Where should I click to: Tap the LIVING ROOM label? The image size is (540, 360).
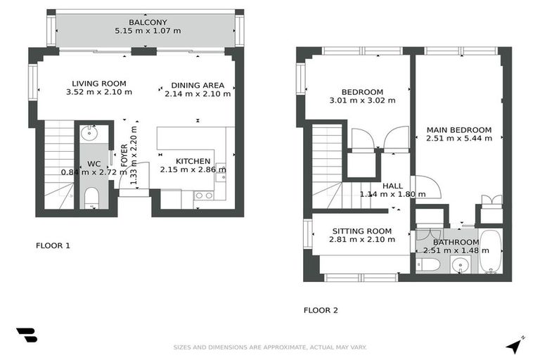[x=98, y=83]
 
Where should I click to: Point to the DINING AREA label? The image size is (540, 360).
[x=198, y=85]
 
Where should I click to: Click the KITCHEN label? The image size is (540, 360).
[x=193, y=161]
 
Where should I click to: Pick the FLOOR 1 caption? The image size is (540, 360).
[x=53, y=246]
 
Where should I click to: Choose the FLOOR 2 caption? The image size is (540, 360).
[x=321, y=309]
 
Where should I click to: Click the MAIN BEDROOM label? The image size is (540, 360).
[x=458, y=129]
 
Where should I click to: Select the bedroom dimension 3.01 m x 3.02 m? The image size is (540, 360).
[x=362, y=101]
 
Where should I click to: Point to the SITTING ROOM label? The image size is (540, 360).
[x=361, y=231]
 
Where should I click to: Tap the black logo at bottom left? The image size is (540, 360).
[x=26, y=335]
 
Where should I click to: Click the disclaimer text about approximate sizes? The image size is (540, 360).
[x=270, y=347]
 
